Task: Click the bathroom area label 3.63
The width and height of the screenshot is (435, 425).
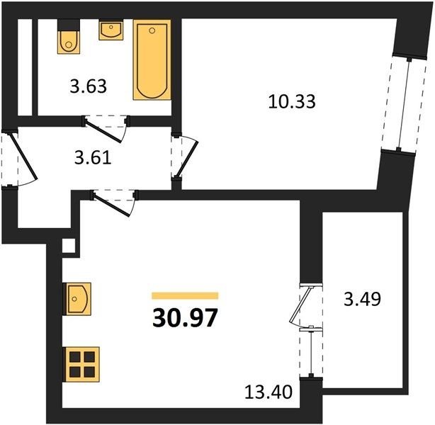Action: [x=89, y=86]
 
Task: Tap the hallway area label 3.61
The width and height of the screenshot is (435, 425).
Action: [x=93, y=158]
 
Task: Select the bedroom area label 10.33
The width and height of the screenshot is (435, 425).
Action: [x=292, y=101]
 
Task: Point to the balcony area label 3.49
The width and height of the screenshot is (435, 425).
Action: [x=362, y=299]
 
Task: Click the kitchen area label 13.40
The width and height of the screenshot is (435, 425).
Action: [x=269, y=392]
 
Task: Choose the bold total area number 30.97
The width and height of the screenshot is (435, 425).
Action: [x=184, y=318]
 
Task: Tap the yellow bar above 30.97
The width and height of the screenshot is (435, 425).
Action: [x=185, y=295]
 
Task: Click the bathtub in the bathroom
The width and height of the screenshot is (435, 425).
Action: [x=152, y=59]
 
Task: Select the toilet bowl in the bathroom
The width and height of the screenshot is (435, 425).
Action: [x=69, y=42]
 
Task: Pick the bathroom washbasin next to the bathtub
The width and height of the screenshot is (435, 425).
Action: [x=111, y=30]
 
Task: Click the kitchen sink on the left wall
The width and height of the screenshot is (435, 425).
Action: [x=77, y=299]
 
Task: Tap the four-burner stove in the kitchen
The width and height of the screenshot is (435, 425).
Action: [x=82, y=364]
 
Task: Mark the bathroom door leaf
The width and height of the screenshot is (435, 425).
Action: [x=103, y=131]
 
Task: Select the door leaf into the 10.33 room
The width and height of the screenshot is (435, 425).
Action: [x=188, y=159]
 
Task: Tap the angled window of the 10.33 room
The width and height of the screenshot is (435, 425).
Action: [x=404, y=105]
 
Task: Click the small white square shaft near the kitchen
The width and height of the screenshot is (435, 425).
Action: [x=69, y=246]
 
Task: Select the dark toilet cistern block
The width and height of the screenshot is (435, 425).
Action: [x=69, y=25]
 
